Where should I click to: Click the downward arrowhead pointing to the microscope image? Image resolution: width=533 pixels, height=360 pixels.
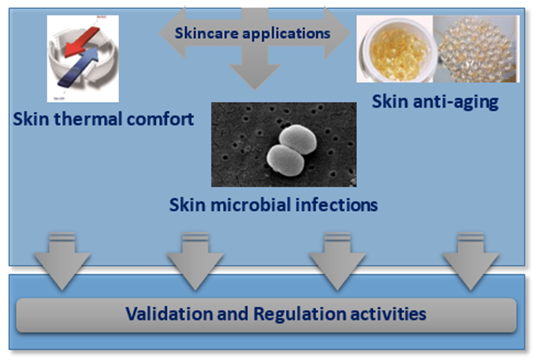pos(254,75)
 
